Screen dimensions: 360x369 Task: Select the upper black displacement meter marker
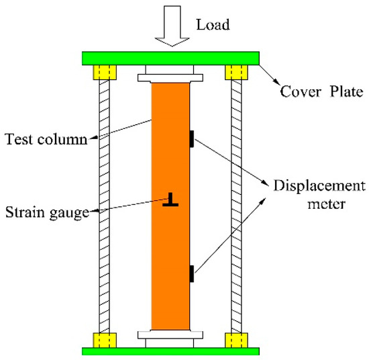(x=192, y=138)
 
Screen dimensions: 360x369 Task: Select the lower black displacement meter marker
(x=192, y=273)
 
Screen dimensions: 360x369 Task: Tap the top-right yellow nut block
(x=235, y=71)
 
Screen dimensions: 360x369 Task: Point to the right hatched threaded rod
(x=235, y=201)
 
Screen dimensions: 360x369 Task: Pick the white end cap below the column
(x=170, y=335)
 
